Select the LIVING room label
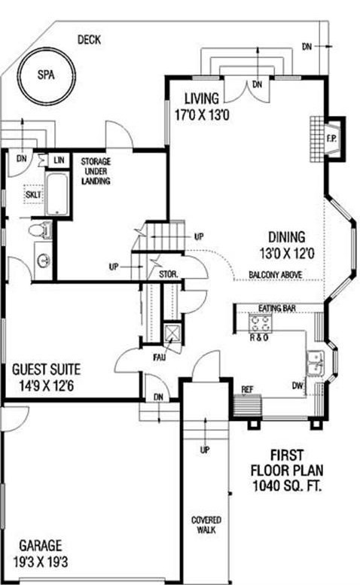click(x=201, y=99)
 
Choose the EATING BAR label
click(x=275, y=309)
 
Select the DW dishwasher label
click(x=298, y=385)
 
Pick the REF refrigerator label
click(x=246, y=389)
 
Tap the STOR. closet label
click(x=168, y=274)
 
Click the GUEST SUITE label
click(x=46, y=370)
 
